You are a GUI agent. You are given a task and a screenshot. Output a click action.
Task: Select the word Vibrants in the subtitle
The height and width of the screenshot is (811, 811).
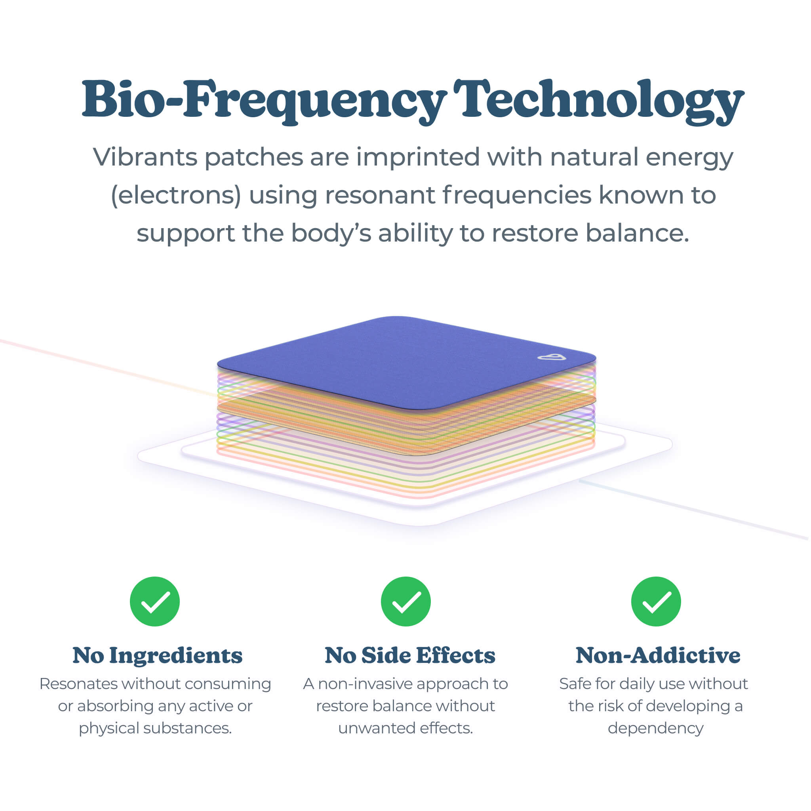click(145, 158)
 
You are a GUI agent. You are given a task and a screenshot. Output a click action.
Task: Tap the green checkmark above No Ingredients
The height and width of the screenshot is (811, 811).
click(155, 601)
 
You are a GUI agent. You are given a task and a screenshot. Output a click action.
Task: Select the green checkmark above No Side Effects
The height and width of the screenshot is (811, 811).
click(405, 601)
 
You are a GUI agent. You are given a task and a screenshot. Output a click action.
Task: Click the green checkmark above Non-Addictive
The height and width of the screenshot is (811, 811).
click(656, 601)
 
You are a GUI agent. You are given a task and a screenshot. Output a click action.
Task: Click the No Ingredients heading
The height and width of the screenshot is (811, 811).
click(158, 655)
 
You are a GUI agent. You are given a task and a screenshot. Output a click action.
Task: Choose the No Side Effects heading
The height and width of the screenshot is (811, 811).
click(410, 655)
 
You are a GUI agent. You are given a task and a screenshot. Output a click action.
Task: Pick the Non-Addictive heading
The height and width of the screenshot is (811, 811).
click(657, 655)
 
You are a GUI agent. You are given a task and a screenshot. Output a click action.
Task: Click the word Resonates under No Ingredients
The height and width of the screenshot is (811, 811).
click(78, 684)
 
